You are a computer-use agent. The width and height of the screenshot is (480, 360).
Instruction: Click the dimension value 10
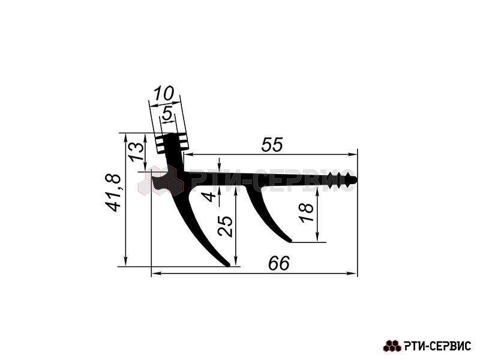pos(164,94)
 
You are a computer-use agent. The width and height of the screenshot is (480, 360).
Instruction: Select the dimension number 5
pos(167,113)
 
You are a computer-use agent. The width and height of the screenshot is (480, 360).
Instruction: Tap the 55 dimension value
pos(272,145)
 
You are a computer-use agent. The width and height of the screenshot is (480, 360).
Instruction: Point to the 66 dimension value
pos(278,263)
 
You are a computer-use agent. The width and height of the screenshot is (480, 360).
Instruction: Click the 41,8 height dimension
pos(113,193)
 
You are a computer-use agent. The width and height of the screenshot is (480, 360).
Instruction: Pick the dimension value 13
pos(136,152)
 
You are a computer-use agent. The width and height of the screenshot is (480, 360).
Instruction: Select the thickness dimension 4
pos(209,196)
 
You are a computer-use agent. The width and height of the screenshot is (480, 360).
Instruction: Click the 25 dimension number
pos(226,226)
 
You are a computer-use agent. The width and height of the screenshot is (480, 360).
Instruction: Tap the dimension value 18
pos(307,213)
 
